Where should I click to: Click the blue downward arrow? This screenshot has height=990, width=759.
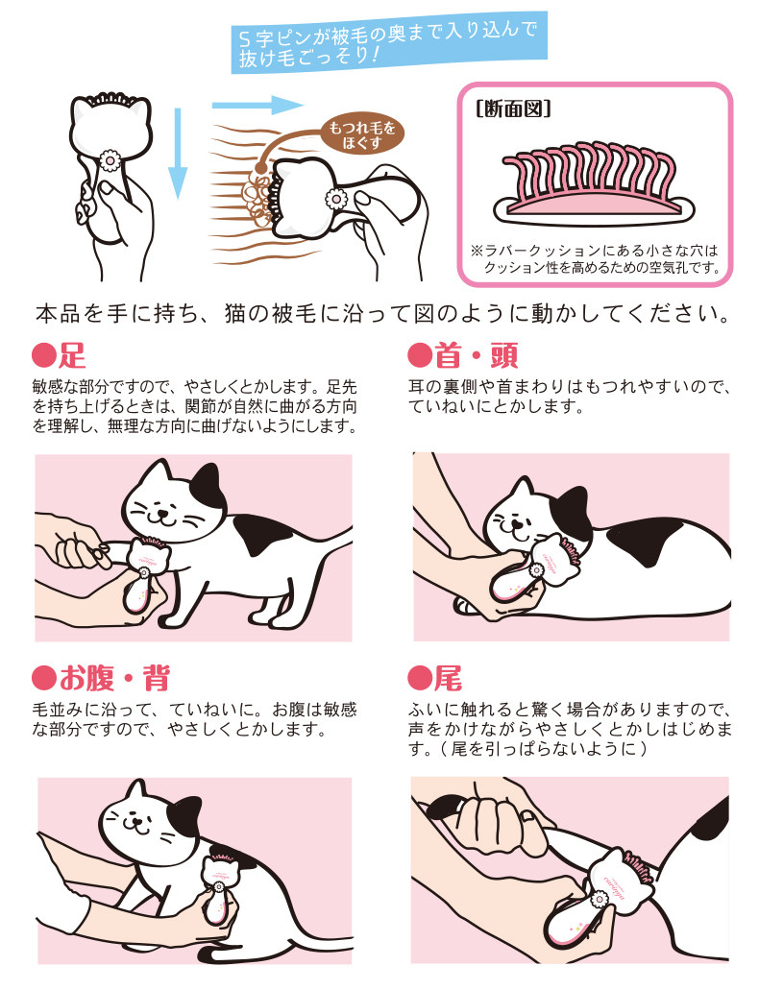tap(178, 153)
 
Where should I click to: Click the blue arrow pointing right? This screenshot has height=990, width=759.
tap(257, 104)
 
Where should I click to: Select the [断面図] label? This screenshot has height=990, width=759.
tap(513, 109)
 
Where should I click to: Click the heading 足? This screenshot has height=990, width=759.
tap(59, 355)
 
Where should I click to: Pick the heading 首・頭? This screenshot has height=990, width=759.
tap(464, 355)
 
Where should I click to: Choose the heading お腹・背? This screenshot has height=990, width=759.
tap(101, 678)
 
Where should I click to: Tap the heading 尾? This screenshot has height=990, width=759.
tap(435, 678)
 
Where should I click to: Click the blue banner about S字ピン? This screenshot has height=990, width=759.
tap(389, 43)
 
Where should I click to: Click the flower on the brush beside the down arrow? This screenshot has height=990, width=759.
tap(110, 160)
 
